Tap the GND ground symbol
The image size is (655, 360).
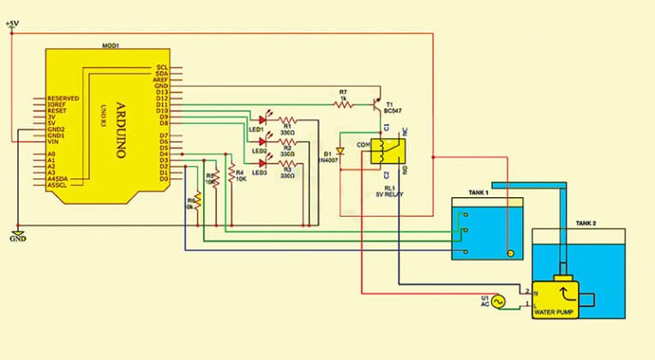click(17, 235)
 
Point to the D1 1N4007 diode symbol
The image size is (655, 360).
click(340, 152)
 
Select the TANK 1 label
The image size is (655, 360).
click(477, 192)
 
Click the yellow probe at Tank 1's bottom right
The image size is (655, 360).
click(510, 253)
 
